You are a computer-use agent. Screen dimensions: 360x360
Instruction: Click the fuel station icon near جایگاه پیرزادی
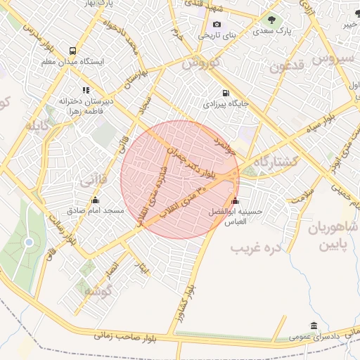[225, 93]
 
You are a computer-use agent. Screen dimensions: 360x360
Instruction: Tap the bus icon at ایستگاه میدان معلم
[73, 51]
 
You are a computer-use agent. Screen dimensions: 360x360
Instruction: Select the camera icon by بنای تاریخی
[217, 25]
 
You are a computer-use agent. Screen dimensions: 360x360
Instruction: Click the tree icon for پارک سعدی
[271, 20]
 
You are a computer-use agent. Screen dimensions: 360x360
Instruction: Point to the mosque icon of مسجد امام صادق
[95, 200]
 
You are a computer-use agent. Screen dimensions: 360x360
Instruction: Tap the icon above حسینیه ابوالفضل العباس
[234, 200]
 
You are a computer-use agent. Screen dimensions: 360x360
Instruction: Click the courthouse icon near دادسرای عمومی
[313, 326]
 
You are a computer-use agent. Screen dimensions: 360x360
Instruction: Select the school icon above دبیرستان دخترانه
[86, 90]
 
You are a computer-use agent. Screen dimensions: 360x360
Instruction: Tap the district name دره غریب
[256, 247]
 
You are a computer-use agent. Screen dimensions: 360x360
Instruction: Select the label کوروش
[201, 63]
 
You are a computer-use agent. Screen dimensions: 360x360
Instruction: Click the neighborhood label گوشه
[98, 291]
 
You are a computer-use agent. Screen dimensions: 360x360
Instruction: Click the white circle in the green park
[29, 243]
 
